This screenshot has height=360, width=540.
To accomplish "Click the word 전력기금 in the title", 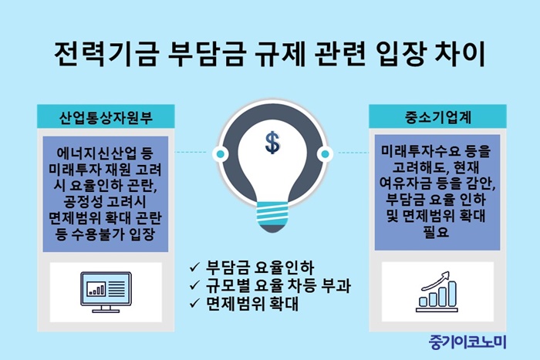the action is point(106,55).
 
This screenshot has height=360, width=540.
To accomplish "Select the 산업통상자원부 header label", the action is point(106,117).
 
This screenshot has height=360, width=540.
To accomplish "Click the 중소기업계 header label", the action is point(437,117).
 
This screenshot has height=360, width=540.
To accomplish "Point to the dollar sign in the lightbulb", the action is point(272,142).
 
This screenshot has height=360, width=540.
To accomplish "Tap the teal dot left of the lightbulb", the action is point(221,153).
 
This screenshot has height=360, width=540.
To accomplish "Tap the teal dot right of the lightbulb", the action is point(325,153).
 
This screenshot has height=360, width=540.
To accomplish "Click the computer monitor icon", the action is point(106,292).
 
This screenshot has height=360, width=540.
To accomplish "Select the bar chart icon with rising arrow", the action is point(437,292).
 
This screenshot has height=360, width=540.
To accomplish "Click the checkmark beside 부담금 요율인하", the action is point(194,267).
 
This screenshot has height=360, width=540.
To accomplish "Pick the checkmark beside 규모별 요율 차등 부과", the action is point(194,285).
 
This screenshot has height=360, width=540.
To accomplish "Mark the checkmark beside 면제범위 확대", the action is point(194,303).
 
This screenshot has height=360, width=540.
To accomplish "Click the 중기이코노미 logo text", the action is point(467,342).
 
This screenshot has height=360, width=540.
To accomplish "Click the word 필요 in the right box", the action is point(437,232).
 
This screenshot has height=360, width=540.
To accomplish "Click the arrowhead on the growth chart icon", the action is point(446,275).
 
